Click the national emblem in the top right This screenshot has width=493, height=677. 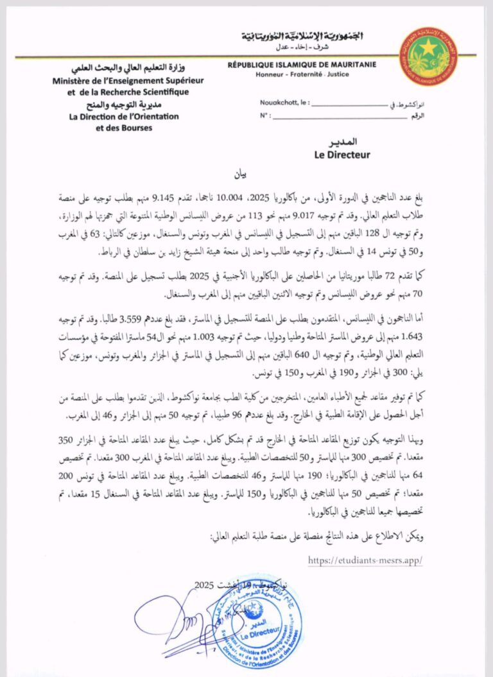(428, 56)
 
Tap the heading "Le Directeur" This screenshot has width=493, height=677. (342, 155)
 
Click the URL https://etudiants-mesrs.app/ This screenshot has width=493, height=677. (365, 560)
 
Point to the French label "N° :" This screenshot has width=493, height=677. (264, 116)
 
